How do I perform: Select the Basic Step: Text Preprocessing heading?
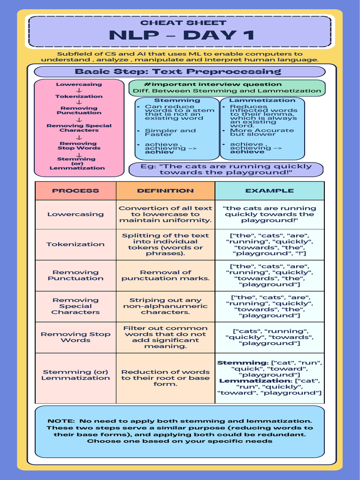[x=178, y=72]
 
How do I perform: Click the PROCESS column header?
[x=75, y=191]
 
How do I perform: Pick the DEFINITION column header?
[x=165, y=191]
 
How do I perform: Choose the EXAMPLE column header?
[x=270, y=191]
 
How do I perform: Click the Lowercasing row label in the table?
[x=75, y=214]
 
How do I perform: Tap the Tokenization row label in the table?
[x=75, y=244]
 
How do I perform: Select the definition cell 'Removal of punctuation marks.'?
[x=165, y=275]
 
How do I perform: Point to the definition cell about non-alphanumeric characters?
[x=165, y=306]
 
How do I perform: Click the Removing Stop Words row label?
[x=75, y=337]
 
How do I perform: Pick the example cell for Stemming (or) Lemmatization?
[x=270, y=378]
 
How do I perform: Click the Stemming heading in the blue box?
[x=177, y=100]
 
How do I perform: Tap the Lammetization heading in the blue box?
[x=262, y=100]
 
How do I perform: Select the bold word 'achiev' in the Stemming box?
[x=159, y=152]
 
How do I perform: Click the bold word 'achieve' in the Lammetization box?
[x=247, y=152]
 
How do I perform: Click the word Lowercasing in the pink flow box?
[x=79, y=85]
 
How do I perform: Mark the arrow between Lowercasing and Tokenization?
[x=79, y=90]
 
